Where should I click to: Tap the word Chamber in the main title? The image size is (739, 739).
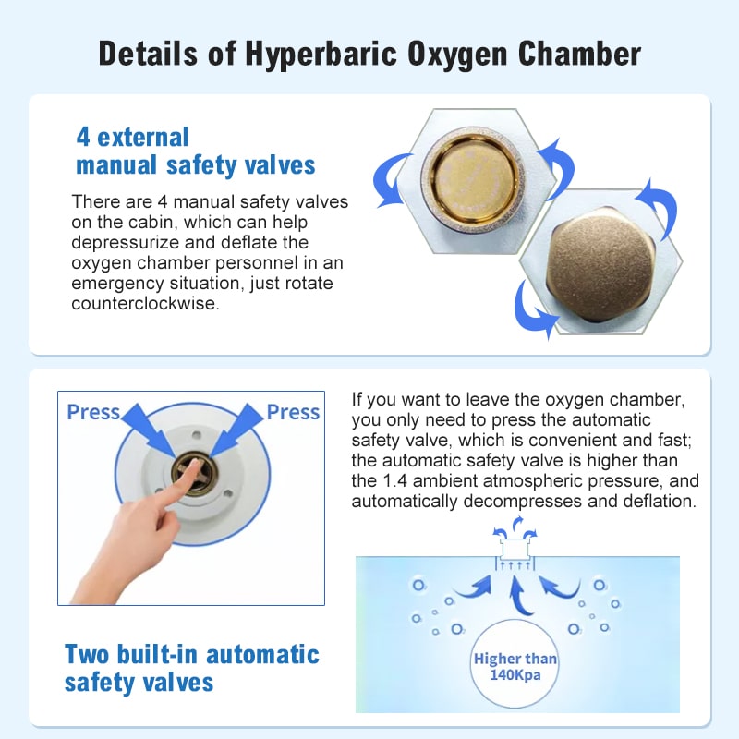(x=579, y=54)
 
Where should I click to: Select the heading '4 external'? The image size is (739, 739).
(x=132, y=138)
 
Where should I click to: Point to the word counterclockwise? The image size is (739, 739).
(x=146, y=303)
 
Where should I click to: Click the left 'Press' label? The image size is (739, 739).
(x=93, y=412)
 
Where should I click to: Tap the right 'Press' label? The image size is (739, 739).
(x=293, y=412)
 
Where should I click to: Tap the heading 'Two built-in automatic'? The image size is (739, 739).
(x=192, y=655)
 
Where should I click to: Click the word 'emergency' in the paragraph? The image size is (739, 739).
(x=115, y=283)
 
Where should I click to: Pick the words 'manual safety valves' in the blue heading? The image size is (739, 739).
(x=196, y=165)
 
